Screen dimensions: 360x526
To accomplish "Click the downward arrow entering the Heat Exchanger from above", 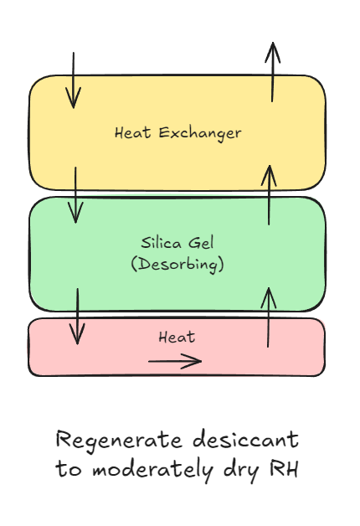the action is [x=74, y=80].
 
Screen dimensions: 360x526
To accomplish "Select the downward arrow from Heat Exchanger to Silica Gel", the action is [x=75, y=194].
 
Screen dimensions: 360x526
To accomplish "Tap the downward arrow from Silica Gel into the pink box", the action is [x=77, y=316].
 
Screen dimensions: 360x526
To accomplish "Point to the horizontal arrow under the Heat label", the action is [x=175, y=361].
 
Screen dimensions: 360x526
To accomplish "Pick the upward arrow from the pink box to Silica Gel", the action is [x=268, y=317].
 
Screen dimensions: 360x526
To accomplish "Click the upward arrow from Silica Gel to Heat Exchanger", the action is [x=269, y=194].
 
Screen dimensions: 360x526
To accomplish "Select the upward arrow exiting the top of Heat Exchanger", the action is [x=273, y=72].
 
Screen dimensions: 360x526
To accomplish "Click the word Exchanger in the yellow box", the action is [x=200, y=133].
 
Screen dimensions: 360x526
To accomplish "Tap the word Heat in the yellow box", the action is [x=133, y=133].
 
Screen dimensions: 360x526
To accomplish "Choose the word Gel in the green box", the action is [x=201, y=243].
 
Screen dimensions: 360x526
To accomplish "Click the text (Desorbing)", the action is [x=177, y=265].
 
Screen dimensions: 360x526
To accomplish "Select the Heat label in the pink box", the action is [x=177, y=338].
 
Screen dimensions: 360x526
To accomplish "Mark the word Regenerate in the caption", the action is [x=120, y=441].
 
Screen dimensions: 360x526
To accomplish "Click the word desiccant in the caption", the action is [x=245, y=439].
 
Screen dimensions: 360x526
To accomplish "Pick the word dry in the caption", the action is [x=241, y=471].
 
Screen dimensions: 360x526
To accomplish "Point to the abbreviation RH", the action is [x=284, y=468].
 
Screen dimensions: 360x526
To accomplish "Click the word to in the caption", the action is [x=69, y=469].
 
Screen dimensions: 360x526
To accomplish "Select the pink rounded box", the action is [x=177, y=347].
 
